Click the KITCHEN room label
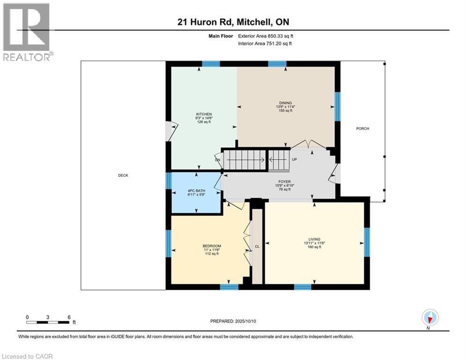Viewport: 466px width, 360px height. coord(204,114)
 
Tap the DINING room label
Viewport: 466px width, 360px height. coord(285,103)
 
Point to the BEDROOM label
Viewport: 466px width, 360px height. coord(212,246)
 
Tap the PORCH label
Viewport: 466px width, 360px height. coord(362,128)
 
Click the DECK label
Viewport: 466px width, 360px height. coord(123,175)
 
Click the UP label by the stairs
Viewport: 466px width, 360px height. coord(295,160)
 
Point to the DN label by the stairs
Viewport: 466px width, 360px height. coord(218,160)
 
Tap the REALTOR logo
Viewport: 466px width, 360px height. coord(27,32)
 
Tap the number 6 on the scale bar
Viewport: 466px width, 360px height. coord(69,317)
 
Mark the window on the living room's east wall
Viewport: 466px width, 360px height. coord(367,243)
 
